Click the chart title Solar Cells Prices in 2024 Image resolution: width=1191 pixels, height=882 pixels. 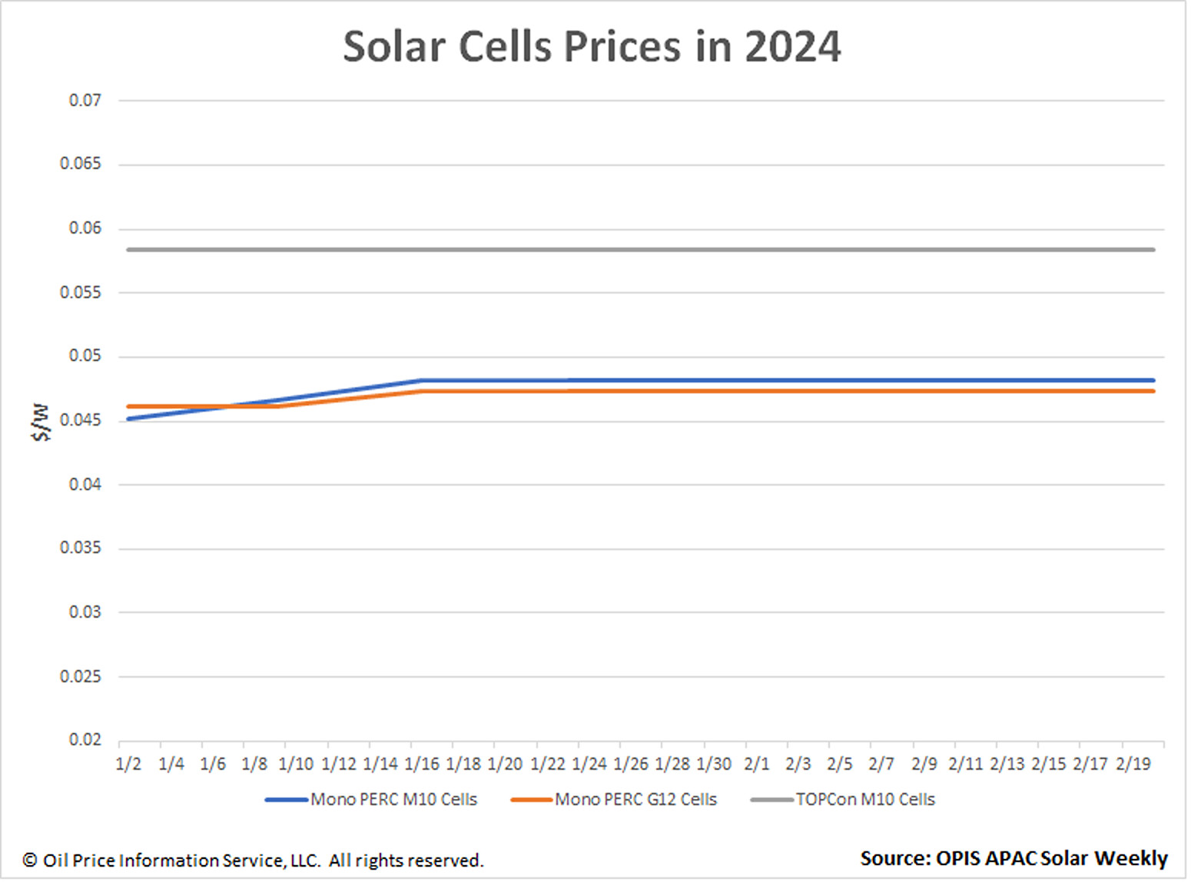pos(592,47)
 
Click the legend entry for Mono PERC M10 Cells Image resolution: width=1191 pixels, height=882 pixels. pos(393,800)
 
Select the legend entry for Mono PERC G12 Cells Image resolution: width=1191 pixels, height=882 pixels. pos(635,800)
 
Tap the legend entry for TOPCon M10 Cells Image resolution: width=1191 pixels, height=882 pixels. pos(864,800)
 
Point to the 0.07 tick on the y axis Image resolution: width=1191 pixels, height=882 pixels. pos(85,101)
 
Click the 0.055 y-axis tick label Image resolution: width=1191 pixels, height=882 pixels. pos(81,293)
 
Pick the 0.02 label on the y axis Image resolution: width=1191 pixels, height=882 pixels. pos(85,740)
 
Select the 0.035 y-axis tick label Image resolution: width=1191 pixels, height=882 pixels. pos(81,548)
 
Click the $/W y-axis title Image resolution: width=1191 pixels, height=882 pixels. pos(41,422)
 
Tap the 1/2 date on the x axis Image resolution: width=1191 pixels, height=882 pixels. pos(128,764)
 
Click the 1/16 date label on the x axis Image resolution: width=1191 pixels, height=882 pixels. pos(422,764)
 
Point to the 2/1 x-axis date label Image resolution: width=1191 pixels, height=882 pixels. pos(756,764)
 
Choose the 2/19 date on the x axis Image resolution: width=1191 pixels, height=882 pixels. pos(1133,764)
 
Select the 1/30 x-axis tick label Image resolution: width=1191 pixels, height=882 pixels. pos(714,764)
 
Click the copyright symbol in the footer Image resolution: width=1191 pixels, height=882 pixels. pos(30,860)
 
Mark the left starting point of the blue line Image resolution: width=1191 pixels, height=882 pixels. pos(128,419)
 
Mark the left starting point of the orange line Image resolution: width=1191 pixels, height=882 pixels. pos(128,406)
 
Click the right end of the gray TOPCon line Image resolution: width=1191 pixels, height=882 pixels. pos(1153,250)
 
